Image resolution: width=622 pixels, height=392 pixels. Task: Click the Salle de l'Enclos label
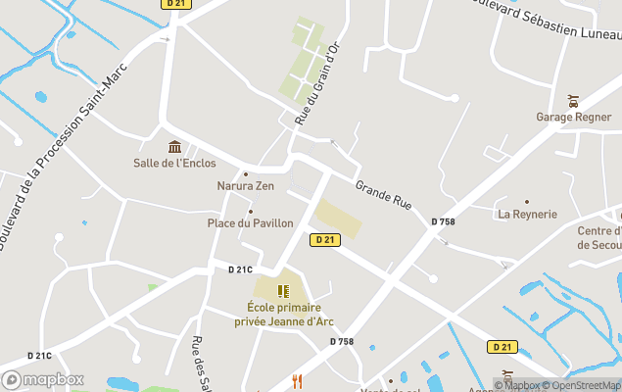click(x=174, y=163)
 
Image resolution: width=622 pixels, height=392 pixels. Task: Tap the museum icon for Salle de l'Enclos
click(x=174, y=146)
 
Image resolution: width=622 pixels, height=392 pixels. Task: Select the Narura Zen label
click(x=245, y=186)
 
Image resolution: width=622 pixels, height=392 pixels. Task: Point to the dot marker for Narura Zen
click(x=245, y=174)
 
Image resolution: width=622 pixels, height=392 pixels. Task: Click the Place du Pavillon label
click(x=250, y=223)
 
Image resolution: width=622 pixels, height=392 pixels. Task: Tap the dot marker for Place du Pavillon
click(x=250, y=212)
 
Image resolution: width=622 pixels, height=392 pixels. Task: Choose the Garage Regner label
click(x=573, y=118)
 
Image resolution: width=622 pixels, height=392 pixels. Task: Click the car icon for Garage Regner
click(x=573, y=101)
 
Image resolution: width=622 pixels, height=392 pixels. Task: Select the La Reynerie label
click(x=527, y=214)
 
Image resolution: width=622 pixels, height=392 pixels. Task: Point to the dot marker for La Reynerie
click(x=527, y=202)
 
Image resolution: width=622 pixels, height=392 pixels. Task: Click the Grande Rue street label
click(x=383, y=195)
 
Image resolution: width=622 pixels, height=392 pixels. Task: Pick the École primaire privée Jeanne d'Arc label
click(x=283, y=314)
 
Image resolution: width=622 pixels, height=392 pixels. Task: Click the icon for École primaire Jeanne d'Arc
click(x=282, y=290)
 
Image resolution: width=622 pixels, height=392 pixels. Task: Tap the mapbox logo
click(x=43, y=380)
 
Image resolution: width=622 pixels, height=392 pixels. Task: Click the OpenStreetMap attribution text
click(x=582, y=385)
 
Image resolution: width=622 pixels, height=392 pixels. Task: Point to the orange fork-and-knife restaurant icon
click(x=297, y=381)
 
